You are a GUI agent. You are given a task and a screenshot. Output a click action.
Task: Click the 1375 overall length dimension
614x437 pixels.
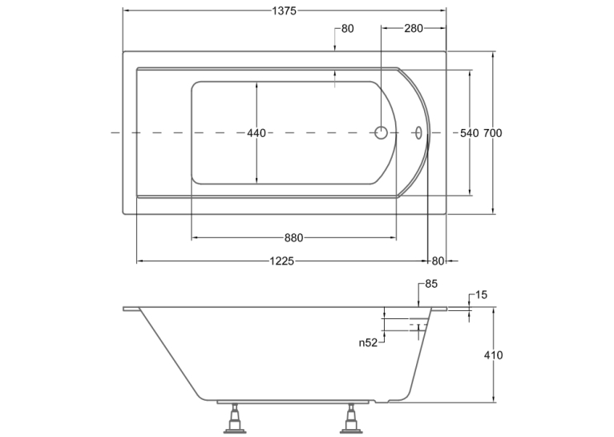click(285, 11)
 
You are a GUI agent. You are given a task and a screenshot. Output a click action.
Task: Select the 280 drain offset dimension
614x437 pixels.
click(414, 28)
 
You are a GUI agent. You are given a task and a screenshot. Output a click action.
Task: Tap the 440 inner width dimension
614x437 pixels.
click(257, 133)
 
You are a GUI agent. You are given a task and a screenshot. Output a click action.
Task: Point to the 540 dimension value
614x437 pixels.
click(469, 133)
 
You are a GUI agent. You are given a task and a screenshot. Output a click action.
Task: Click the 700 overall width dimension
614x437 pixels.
click(493, 133)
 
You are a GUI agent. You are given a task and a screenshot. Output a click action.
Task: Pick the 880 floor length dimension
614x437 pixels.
click(293, 237)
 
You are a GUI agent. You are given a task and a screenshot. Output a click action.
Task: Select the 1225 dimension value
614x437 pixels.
click(282, 261)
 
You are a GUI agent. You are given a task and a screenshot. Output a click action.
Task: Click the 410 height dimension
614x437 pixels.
click(494, 355)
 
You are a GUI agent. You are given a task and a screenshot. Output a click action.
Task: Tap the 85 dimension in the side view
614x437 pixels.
click(430, 284)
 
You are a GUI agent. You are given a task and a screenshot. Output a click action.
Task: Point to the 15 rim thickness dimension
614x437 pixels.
click(481, 295)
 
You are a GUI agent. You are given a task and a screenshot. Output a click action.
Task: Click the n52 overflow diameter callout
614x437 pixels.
click(368, 343)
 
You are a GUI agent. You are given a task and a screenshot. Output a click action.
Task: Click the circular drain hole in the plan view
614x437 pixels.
click(381, 133)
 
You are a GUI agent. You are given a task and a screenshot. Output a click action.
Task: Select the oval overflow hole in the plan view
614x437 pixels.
click(418, 133)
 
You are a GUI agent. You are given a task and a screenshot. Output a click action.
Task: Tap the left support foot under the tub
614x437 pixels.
click(235, 419)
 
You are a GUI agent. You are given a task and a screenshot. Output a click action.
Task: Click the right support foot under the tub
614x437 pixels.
click(350, 419)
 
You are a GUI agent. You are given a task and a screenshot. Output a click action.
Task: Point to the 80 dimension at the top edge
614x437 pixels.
click(347, 29)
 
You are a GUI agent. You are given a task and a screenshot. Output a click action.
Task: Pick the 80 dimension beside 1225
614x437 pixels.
click(438, 261)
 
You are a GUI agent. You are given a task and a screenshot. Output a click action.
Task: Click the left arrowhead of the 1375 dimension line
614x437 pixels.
click(126, 11)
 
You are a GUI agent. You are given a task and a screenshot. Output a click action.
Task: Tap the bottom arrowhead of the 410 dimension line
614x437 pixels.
click(494, 399)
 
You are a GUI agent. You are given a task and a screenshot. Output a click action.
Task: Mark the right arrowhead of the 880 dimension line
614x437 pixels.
click(393, 237)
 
